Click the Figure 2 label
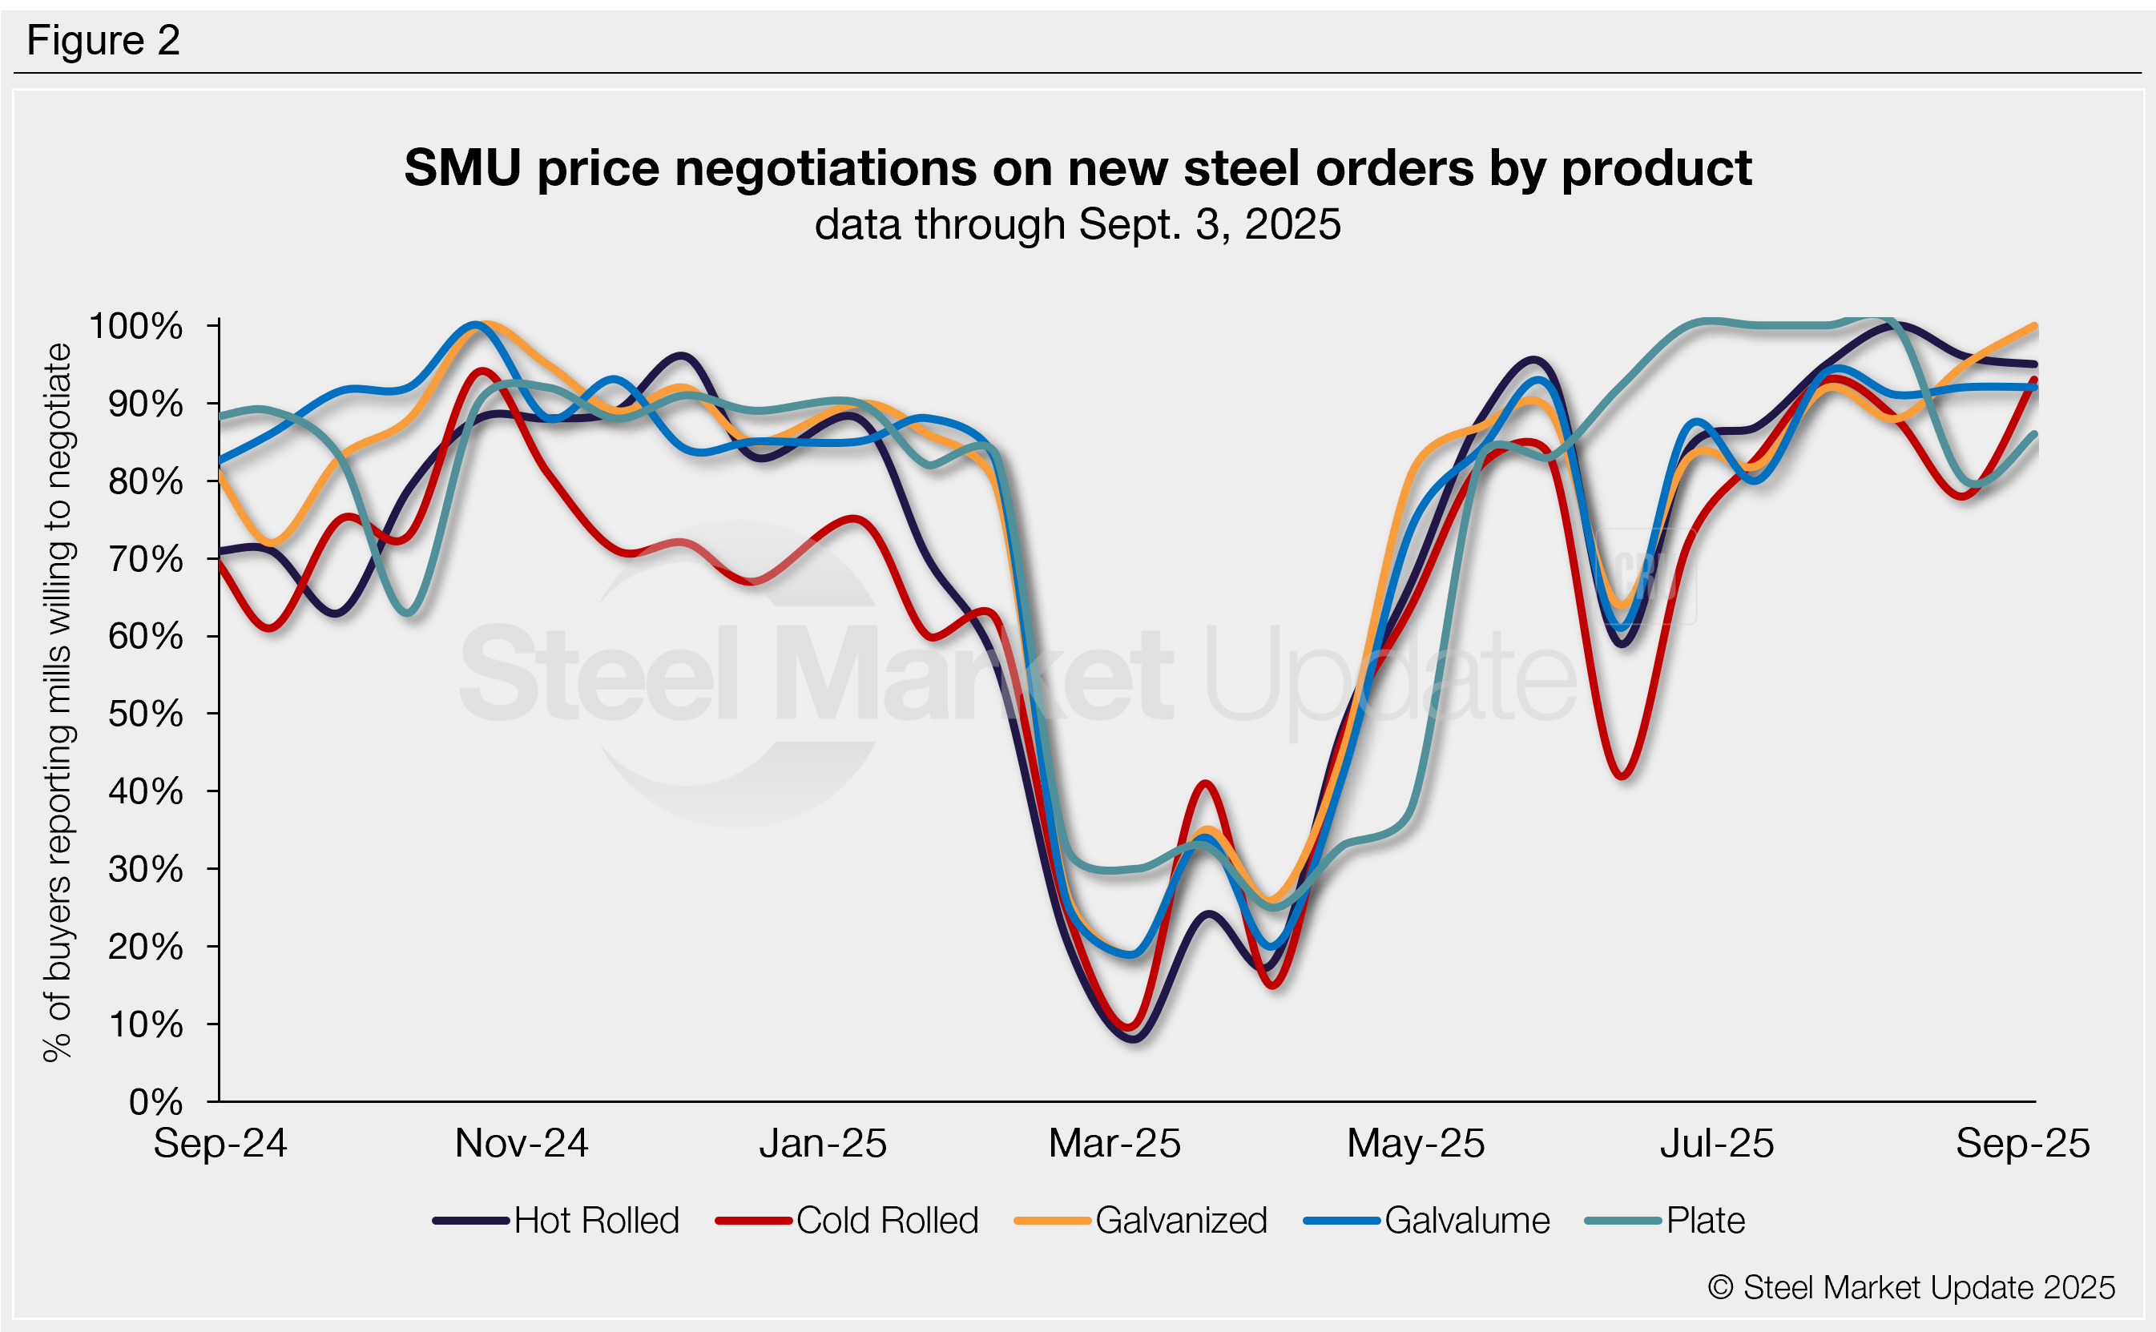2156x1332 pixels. [x=103, y=41]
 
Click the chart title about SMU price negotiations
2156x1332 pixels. [x=1077, y=167]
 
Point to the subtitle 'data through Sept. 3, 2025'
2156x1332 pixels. [x=1077, y=223]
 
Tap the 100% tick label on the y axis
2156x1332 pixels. [x=135, y=326]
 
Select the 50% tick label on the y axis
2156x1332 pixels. [x=145, y=714]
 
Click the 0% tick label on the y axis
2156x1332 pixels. [x=155, y=1101]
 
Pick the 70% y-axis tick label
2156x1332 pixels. [x=145, y=558]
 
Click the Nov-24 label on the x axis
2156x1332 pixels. [x=521, y=1144]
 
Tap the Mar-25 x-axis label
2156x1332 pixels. [x=1114, y=1144]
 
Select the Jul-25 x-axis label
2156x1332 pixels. [x=1716, y=1144]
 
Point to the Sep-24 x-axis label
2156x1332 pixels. [x=220, y=1144]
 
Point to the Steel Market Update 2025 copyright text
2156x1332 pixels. [x=1911, y=1287]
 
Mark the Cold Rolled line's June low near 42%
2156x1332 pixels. [x=1623, y=776]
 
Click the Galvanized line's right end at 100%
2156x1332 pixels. [x=2034, y=326]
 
